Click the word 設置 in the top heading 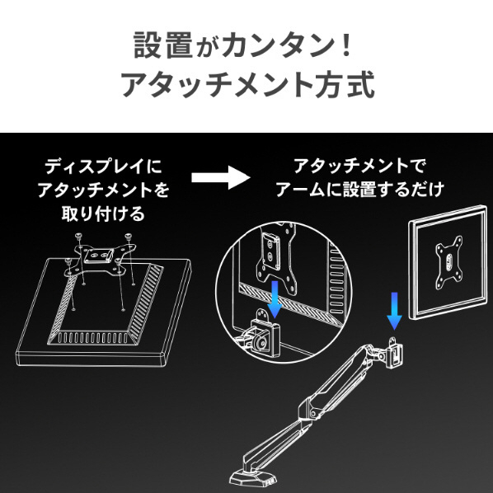[x=163, y=45]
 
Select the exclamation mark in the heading [x=347, y=45]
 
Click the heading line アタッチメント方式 [x=248, y=84]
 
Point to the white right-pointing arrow [x=221, y=177]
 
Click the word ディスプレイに [x=103, y=166]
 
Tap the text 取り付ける [x=103, y=214]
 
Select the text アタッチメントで [x=359, y=166]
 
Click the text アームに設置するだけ [x=359, y=190]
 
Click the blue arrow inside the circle [x=275, y=299]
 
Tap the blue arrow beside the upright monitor [x=394, y=311]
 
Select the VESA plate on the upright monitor [x=449, y=263]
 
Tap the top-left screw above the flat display [x=78, y=236]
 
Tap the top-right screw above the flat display [x=128, y=236]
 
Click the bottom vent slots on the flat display [x=93, y=337]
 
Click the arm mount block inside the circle [x=265, y=338]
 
